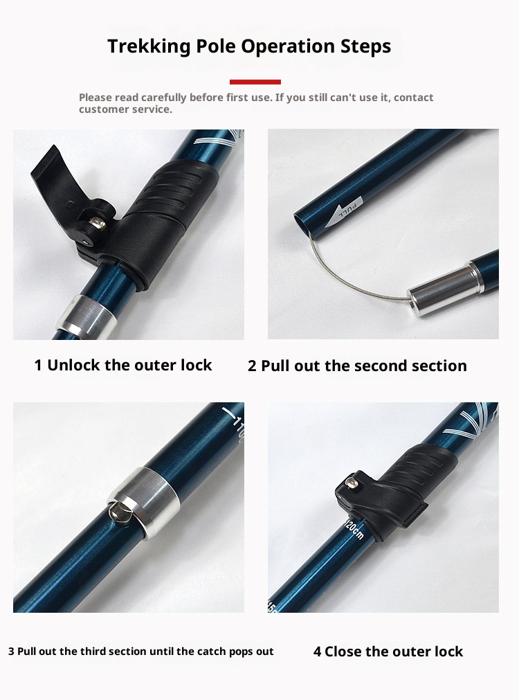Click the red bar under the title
tap(255, 82)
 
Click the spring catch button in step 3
tap(120, 510)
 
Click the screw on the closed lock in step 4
tap(352, 482)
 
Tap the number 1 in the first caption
tap(38, 365)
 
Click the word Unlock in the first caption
tap(73, 365)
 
